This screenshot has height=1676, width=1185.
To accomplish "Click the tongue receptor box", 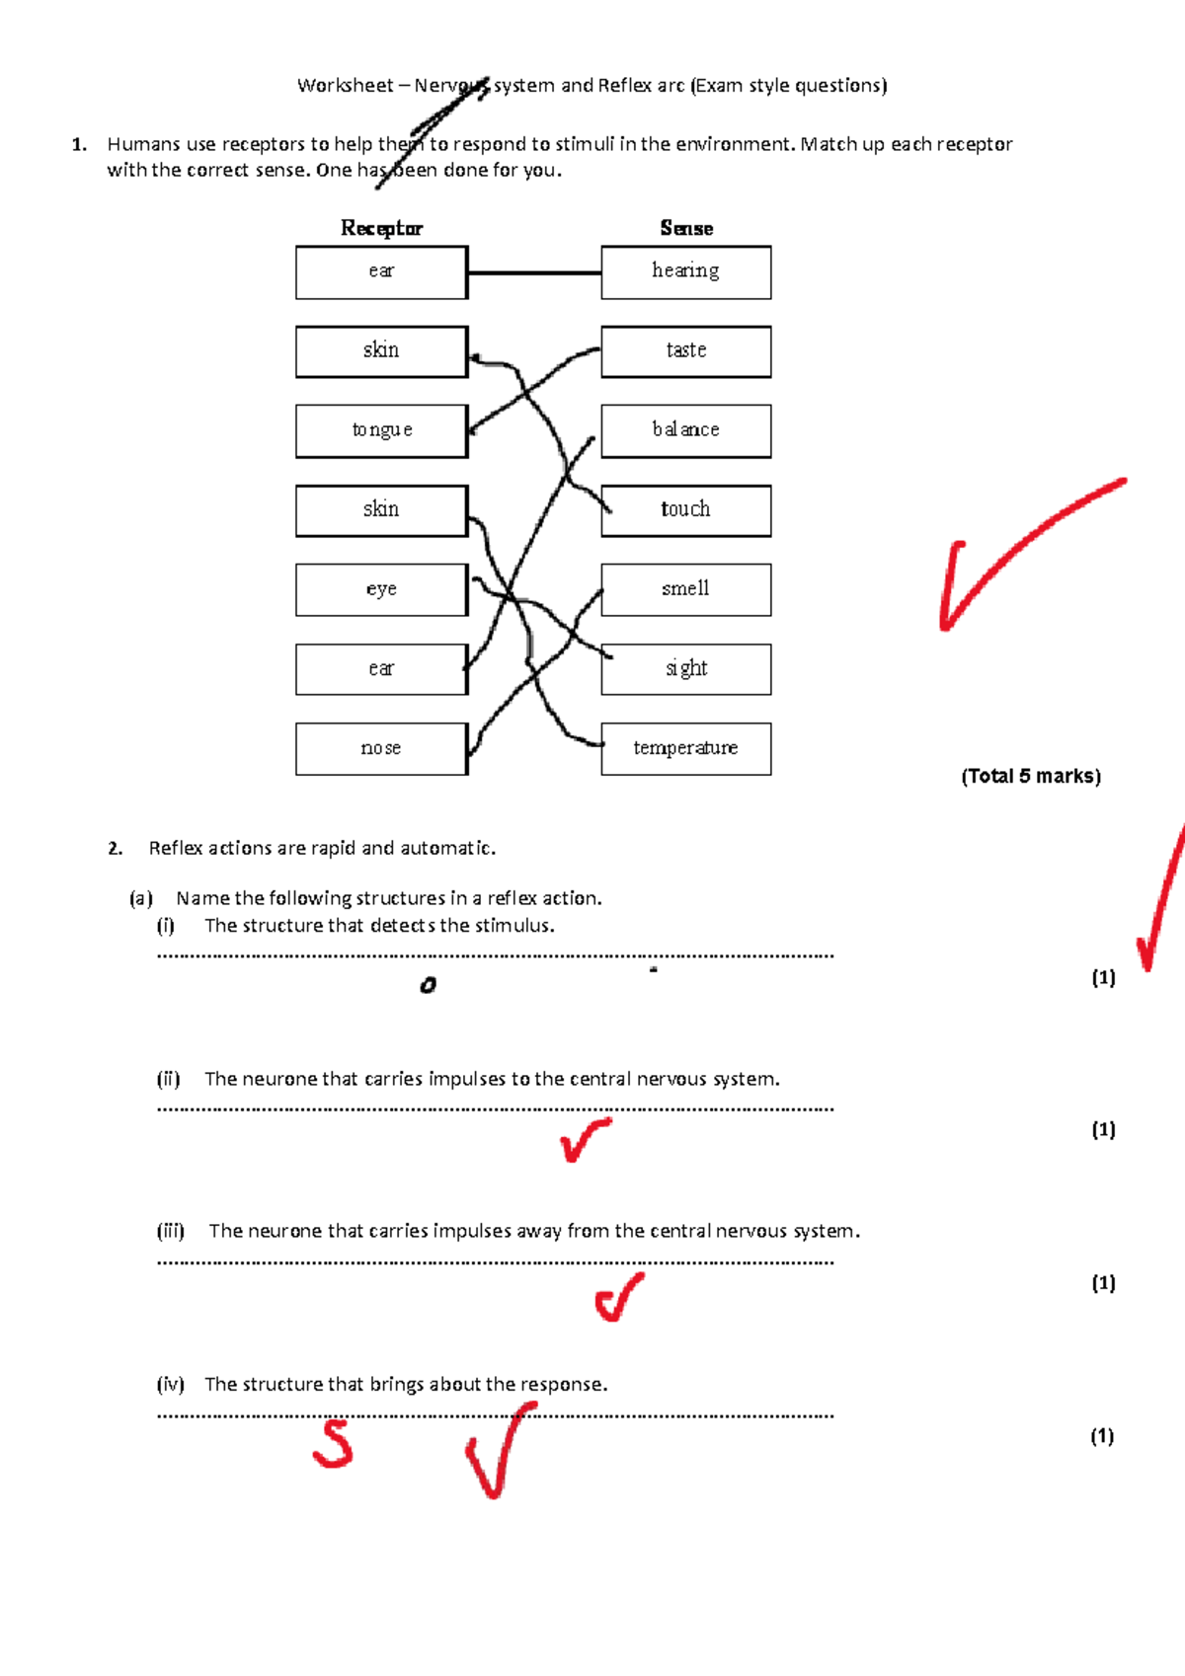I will point(381,430).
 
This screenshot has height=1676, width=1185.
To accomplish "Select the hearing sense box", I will point(685,271).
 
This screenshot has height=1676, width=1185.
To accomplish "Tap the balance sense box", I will point(685,430).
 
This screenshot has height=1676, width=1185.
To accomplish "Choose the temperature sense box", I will point(685,748).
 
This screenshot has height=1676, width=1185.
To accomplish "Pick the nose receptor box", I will point(381,748).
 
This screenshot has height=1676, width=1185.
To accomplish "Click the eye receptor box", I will point(381,589).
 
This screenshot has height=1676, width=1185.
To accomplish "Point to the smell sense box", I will point(685,589).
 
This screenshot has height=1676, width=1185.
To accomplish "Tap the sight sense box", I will point(685,668).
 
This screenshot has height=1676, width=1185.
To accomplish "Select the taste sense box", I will point(685,350).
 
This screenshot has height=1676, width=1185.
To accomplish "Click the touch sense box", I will point(685,509).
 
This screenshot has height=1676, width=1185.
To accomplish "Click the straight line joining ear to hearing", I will point(534,272).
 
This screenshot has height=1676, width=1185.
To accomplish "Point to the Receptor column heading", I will point(381,228).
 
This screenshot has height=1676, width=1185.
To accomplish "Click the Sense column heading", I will point(686,228).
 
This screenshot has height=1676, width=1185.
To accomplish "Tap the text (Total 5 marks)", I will point(1031,776).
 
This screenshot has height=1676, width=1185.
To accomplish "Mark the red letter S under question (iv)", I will point(334,1444).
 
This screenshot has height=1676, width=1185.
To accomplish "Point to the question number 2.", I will point(116,848).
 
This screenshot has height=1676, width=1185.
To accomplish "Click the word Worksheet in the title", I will point(345,86).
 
